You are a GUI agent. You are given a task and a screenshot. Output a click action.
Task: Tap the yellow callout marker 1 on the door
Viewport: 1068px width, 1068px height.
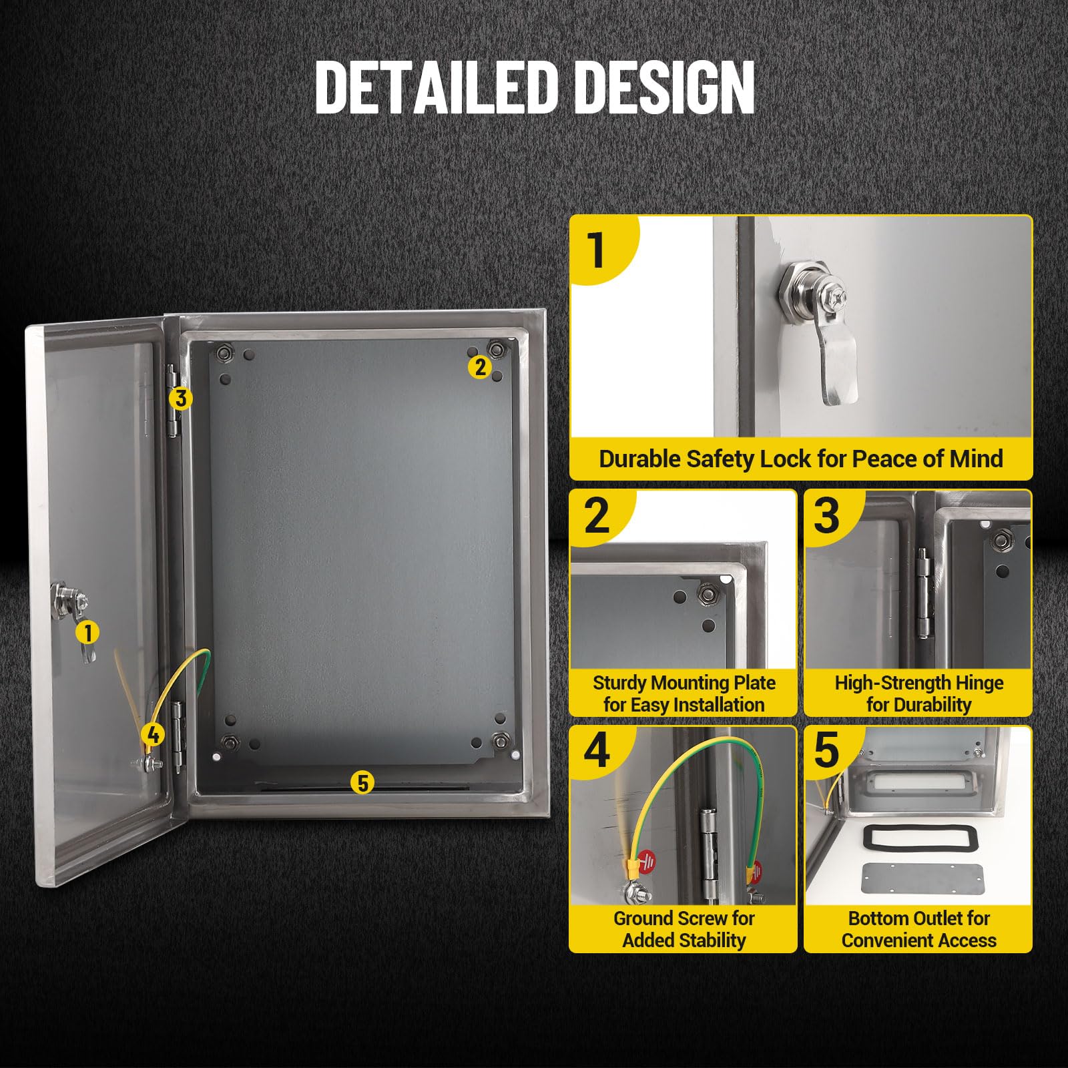point(87,632)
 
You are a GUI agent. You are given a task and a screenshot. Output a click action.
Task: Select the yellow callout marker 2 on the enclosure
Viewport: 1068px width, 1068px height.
point(480,366)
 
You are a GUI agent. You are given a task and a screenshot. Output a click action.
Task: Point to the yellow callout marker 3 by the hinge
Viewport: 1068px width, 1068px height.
point(180,398)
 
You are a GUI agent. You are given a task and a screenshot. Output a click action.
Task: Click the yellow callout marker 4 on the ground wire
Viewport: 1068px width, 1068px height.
point(153,735)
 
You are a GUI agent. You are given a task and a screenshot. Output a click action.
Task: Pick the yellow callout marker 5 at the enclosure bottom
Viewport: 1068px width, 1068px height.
point(362,782)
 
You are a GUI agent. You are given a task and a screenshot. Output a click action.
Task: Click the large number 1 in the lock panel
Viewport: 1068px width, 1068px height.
point(596,250)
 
